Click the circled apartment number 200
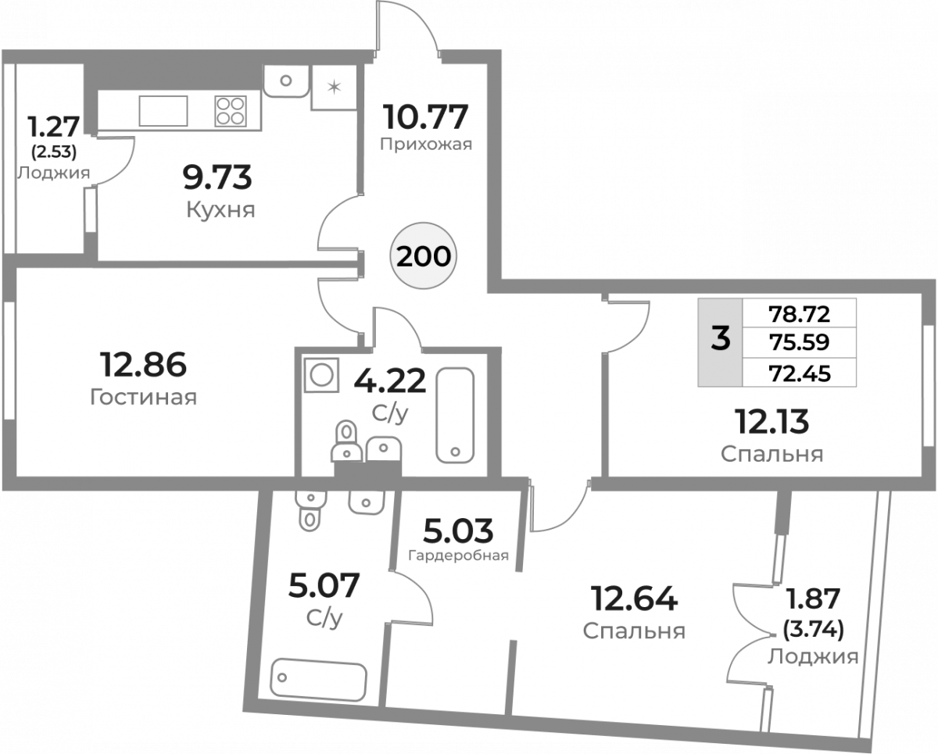tap(423, 256)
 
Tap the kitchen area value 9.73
tap(217, 177)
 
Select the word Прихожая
tap(426, 145)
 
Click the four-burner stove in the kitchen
tap(231, 111)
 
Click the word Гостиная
tap(143, 397)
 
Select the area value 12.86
tap(143, 364)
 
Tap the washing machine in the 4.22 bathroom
tap(322, 375)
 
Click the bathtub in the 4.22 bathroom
tap(455, 415)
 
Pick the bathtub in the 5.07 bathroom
tap(318, 679)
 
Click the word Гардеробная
tap(459, 556)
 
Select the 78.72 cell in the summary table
tap(799, 313)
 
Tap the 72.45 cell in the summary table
tap(800, 373)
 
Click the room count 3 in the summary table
tap(720, 338)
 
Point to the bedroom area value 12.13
tap(771, 421)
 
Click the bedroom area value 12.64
tap(633, 599)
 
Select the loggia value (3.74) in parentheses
tap(814, 629)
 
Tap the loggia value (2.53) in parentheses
tap(54, 152)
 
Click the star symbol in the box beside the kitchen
tap(334, 88)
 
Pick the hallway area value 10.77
tap(425, 116)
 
